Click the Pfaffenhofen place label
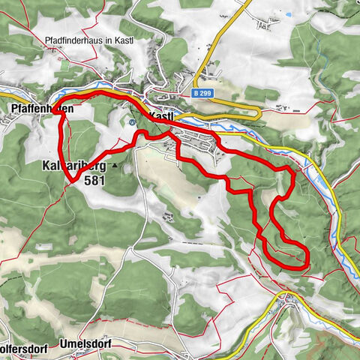click(x=42, y=108)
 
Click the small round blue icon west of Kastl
click(x=132, y=121)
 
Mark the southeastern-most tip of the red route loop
click(x=307, y=260)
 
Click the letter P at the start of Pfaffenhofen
click(x=15, y=108)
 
